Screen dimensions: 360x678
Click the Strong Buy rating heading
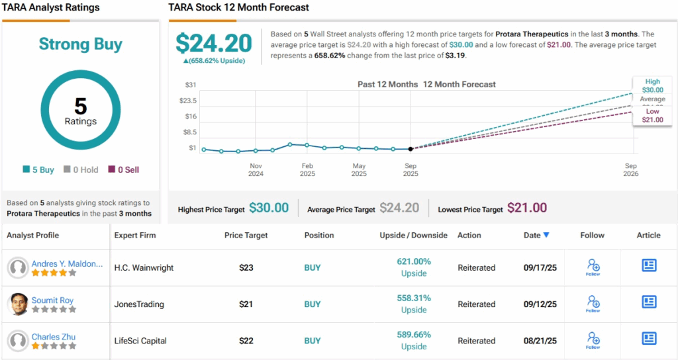(x=80, y=44)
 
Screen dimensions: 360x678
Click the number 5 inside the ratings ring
(x=80, y=106)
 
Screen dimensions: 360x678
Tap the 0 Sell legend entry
(x=124, y=169)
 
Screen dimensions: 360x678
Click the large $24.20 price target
(x=213, y=44)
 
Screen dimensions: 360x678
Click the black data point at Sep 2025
(x=411, y=149)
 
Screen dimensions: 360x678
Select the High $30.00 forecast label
(x=652, y=85)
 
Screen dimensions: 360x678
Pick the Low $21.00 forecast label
(x=652, y=115)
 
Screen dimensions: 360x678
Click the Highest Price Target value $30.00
(x=269, y=208)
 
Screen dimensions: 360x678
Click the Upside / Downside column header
(x=413, y=235)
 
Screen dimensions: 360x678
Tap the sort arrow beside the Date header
(x=546, y=235)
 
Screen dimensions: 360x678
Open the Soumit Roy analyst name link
(x=53, y=300)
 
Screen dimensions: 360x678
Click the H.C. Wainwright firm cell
(x=143, y=268)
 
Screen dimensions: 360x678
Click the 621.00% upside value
(x=413, y=261)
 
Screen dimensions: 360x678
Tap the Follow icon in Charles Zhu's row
(x=593, y=340)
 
